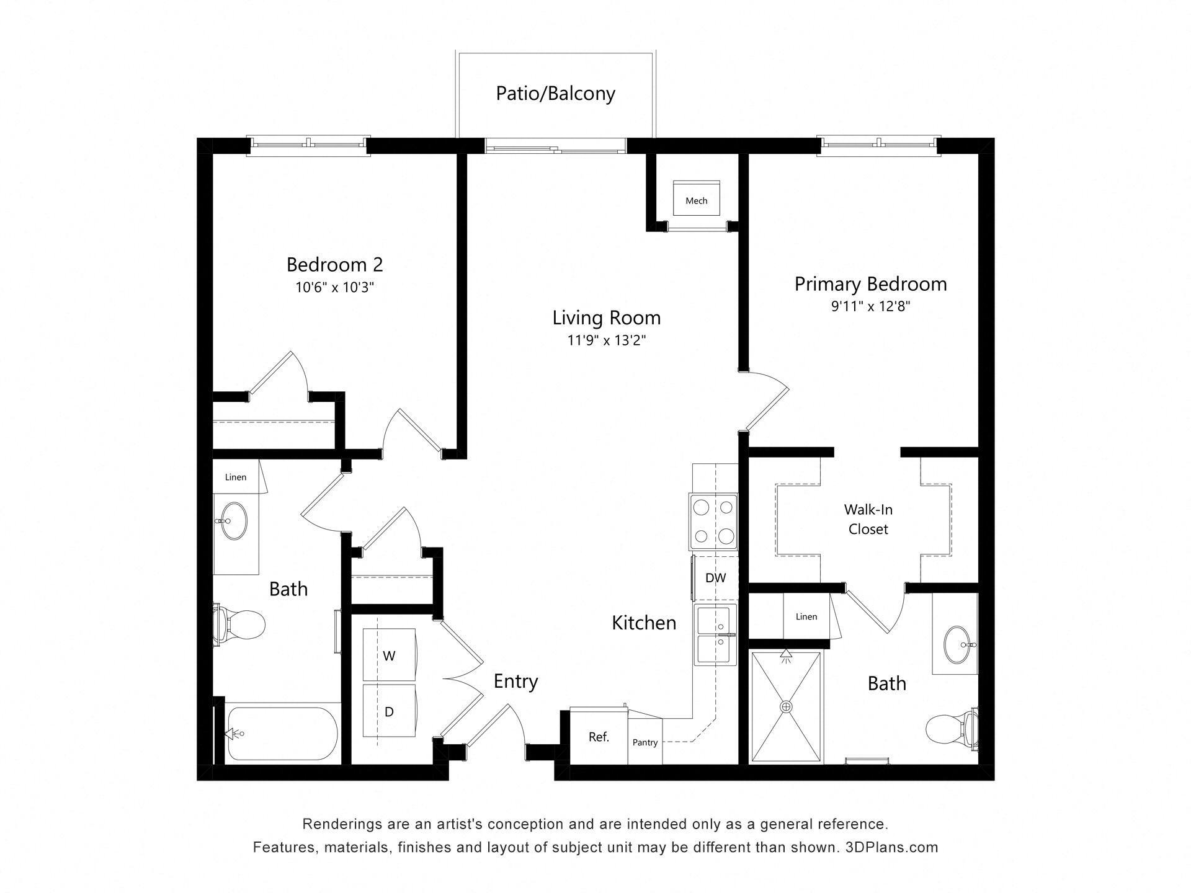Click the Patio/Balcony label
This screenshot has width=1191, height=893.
click(555, 94)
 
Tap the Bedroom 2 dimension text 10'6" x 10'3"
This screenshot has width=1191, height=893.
click(335, 288)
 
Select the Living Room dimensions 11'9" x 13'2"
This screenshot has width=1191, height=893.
click(606, 340)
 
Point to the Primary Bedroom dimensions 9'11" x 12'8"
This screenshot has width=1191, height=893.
click(870, 306)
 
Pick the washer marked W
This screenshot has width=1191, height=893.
click(389, 655)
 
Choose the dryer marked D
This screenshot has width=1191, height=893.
click(389, 711)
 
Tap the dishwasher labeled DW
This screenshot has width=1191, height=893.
click(715, 578)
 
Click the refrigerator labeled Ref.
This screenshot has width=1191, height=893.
click(599, 737)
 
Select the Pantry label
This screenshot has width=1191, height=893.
click(645, 742)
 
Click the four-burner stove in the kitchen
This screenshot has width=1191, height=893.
click(713, 522)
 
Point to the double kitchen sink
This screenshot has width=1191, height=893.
click(715, 634)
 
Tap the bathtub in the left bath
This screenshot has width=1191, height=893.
click(283, 734)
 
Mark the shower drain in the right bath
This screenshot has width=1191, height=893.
click(787, 706)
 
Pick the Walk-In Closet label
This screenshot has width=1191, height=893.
click(868, 520)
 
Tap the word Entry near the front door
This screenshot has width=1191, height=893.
click(515, 682)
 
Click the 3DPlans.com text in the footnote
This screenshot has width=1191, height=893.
click(891, 847)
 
